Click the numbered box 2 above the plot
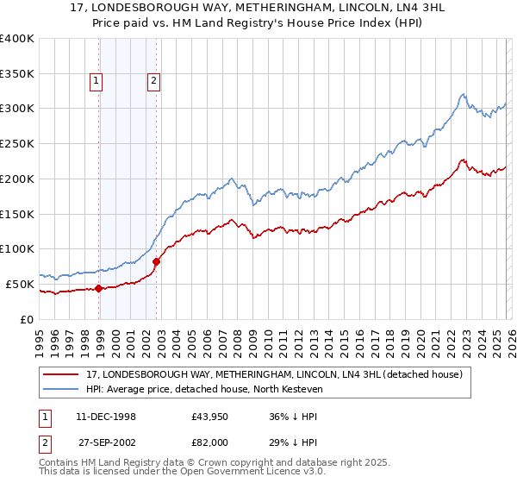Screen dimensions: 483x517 [x=153, y=82]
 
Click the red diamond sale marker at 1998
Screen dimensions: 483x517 [x=99, y=289]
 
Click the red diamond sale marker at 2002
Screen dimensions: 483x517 [x=157, y=261]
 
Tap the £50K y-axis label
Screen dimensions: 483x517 [x=20, y=284]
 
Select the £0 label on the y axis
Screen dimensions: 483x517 [x=27, y=319]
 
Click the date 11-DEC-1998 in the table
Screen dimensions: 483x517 [x=106, y=417]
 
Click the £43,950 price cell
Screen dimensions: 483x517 [x=210, y=417]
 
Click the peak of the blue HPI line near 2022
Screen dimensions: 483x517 [x=464, y=94]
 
